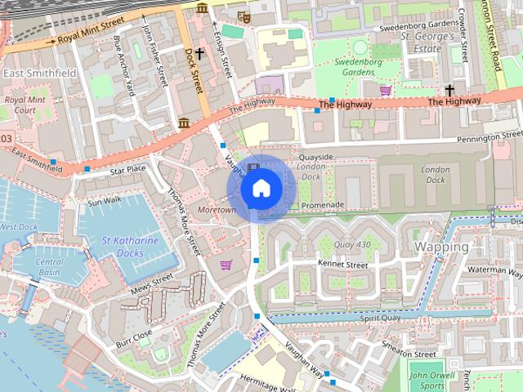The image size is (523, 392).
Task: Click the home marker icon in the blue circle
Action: point(260,189)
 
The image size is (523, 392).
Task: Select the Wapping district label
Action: point(441,247)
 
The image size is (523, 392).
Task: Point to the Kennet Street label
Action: point(342,265)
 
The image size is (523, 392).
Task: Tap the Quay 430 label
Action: point(352,244)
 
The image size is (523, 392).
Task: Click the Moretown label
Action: point(217,210)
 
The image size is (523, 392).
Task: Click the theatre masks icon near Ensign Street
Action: point(243,16)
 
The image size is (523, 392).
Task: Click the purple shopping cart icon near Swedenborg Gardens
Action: point(385,90)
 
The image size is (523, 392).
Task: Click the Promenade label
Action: point(323,205)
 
